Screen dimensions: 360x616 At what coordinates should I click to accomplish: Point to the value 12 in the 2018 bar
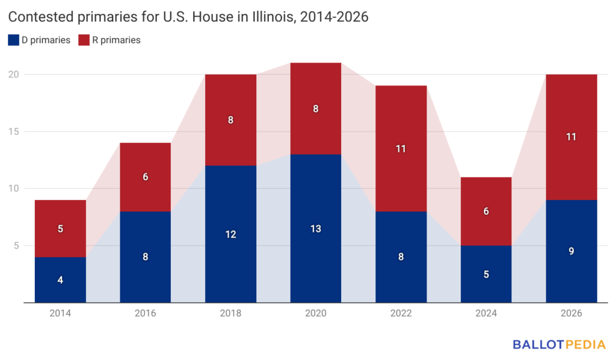coord(230,234)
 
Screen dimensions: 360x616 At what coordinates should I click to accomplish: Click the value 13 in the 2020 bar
coord(316,229)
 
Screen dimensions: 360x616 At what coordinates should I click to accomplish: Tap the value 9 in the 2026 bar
coord(571,251)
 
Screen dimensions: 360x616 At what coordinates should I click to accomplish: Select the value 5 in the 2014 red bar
coord(60,229)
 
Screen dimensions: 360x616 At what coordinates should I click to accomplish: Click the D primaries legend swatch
coord(14,40)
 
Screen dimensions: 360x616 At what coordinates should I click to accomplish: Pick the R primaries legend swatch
coord(84,40)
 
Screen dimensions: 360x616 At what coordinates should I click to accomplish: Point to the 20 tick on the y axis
coord(14,75)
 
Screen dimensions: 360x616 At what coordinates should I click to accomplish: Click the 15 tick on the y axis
coord(14,132)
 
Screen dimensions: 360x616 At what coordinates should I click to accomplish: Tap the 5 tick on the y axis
coord(17,246)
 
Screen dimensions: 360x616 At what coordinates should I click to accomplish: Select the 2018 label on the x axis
coord(230,314)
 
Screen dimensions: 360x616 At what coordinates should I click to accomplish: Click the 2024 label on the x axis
coord(486,314)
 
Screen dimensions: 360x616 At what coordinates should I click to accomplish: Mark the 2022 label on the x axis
coord(401,314)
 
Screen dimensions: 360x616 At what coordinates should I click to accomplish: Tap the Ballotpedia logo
coord(558,345)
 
